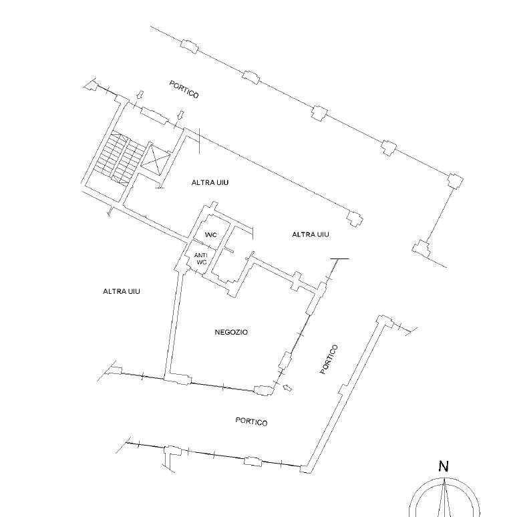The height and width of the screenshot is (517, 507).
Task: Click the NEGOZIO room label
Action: (231, 332)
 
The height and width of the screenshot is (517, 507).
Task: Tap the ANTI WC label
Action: (201, 258)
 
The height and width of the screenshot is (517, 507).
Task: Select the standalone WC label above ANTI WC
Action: (211, 234)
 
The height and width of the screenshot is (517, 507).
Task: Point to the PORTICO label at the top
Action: (184, 90)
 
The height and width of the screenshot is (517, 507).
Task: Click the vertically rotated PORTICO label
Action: (329, 359)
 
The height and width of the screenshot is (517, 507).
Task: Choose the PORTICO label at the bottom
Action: (252, 421)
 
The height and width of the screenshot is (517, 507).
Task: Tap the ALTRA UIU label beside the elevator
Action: (210, 182)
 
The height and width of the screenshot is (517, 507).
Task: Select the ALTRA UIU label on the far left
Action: (122, 291)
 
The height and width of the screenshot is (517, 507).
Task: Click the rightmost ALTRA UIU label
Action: (311, 234)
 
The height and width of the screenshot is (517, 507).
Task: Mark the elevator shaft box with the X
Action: (155, 159)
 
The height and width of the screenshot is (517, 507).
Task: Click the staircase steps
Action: (119, 158)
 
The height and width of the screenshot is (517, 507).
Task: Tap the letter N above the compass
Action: (444, 466)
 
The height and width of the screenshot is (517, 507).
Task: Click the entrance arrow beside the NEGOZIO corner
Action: (287, 387)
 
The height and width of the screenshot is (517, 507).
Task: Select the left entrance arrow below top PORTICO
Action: (140, 95)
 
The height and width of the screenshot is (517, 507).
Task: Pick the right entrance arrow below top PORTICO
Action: (180, 115)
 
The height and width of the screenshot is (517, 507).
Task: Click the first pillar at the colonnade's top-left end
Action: (189, 46)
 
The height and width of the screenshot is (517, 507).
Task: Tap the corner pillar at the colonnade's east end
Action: (456, 181)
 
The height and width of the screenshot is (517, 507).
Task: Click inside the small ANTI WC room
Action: (200, 258)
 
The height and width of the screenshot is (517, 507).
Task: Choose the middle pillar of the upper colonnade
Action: (319, 113)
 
